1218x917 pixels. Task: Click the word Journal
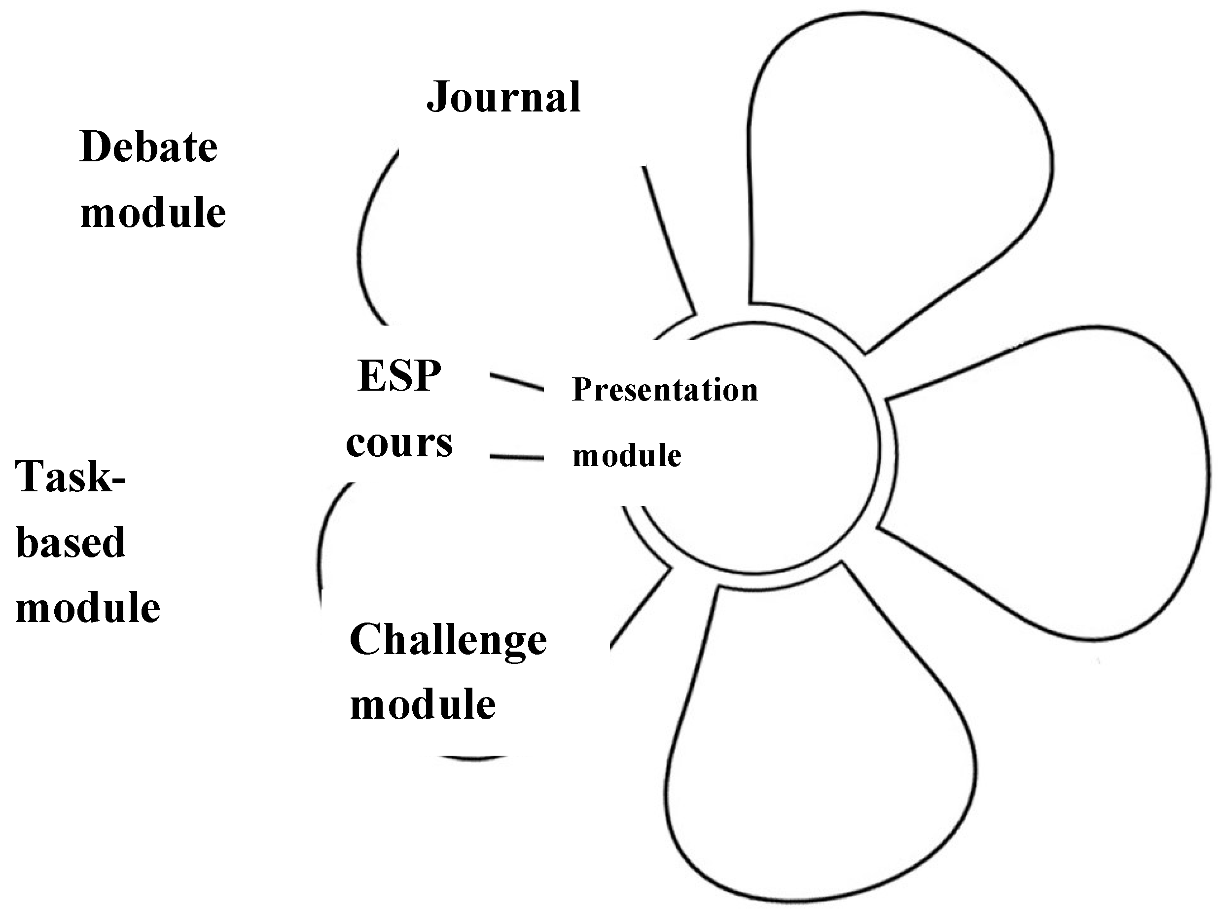503,98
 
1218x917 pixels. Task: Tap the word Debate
148,147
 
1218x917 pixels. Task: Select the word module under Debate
153,213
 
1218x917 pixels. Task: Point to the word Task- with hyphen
71,477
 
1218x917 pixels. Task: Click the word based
71,543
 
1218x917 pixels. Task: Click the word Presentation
665,390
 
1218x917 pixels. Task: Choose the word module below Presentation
627,456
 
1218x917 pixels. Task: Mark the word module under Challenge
423,705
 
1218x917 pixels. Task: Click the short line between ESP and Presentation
516,382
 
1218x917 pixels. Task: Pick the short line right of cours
516,457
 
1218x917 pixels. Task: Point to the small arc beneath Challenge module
472,759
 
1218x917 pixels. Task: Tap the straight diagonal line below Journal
669,240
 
